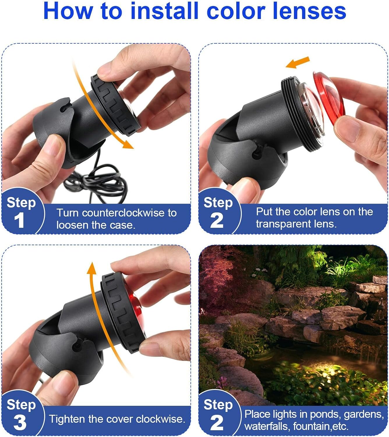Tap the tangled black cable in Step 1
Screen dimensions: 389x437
[x=95, y=181]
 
